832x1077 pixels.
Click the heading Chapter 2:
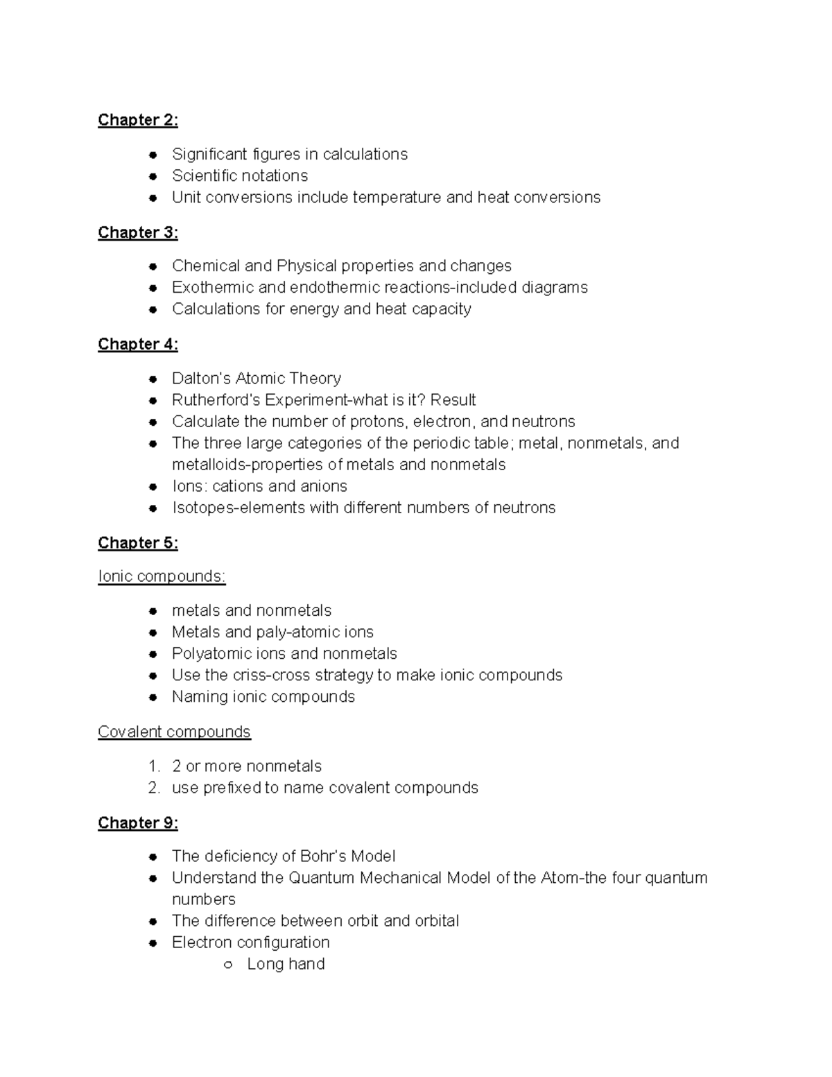137,120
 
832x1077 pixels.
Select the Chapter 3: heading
137,232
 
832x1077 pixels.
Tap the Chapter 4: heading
137,344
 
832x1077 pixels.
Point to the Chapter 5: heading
137,543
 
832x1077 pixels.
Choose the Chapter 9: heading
137,822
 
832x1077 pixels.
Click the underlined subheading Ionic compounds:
162,576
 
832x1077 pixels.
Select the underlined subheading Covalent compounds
174,732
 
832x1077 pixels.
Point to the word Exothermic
205,287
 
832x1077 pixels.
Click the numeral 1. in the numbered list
154,766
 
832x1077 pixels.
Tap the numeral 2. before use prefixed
154,788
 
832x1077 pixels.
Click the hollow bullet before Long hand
227,965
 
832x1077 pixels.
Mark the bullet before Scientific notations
153,176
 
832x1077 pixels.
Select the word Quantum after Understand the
320,877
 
